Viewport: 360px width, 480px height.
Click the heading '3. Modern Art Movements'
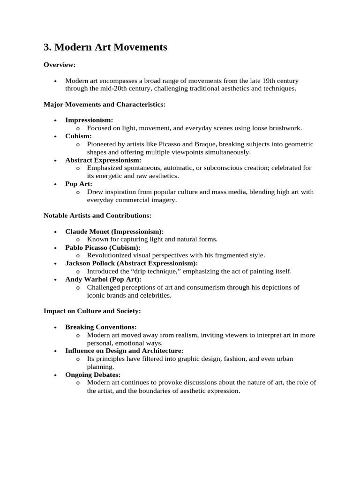point(105,47)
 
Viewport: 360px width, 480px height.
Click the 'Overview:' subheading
point(60,65)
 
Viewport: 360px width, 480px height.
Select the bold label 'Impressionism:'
point(89,120)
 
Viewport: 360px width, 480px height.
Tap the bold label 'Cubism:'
point(78,136)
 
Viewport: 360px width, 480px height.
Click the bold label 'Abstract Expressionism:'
point(103,160)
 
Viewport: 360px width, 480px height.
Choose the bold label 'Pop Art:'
point(79,184)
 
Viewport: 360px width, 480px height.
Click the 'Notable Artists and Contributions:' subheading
point(97,216)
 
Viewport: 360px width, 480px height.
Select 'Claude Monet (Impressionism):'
point(114,232)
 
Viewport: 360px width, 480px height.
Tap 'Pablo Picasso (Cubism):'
point(103,247)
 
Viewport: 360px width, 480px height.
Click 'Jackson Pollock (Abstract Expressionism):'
point(131,263)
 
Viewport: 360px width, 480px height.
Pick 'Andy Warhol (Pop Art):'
point(103,279)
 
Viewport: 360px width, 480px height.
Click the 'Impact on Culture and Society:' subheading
point(92,311)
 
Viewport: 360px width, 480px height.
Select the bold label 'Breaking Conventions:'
point(101,327)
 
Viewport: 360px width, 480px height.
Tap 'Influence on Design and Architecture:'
point(124,351)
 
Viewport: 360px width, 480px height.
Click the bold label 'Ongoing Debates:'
point(93,375)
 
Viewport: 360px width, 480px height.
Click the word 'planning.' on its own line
point(100,367)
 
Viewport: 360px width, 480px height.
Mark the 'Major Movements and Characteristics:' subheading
point(105,104)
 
